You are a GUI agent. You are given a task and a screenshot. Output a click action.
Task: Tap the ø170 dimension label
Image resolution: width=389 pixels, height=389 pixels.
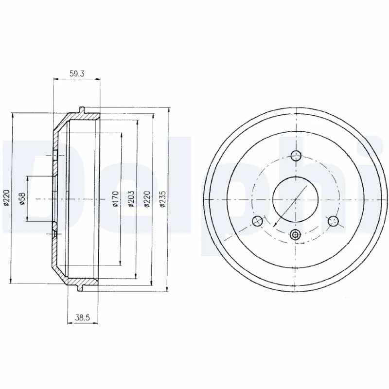[115, 199]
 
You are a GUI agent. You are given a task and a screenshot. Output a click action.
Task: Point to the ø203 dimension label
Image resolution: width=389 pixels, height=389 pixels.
[132, 199]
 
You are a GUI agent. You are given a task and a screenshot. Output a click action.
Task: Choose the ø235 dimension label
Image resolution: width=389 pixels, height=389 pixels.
[163, 199]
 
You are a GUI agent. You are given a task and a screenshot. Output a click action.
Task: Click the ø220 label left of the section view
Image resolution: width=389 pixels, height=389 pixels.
[7, 199]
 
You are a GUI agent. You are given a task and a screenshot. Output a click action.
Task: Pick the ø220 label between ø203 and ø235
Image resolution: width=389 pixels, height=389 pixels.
[147, 199]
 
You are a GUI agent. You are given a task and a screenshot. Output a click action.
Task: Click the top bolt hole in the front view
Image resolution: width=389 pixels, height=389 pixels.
[296, 156]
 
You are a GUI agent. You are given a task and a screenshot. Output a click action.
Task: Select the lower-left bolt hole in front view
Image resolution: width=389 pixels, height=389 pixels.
[258, 222]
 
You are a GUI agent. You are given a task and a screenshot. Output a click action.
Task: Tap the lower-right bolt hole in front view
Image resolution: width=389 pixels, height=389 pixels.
[333, 222]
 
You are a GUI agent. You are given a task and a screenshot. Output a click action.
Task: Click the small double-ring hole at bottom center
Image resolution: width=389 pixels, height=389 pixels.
[295, 235]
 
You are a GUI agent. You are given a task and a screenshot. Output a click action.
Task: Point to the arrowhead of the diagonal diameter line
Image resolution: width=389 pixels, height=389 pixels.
[274, 226]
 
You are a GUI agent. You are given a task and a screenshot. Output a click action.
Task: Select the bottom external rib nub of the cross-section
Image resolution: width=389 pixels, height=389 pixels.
[80, 289]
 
